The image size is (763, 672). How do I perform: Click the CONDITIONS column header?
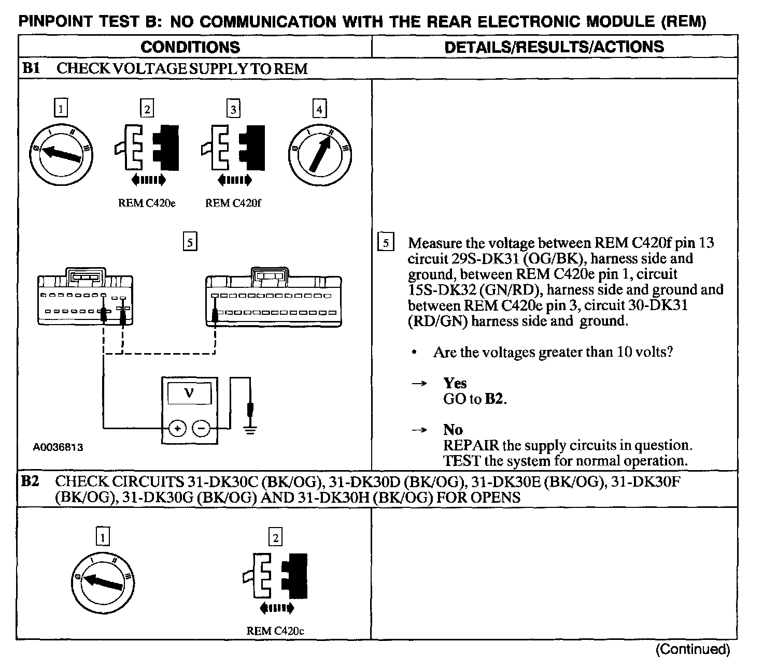pos(190,47)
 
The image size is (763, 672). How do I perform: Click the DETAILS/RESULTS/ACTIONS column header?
pos(554,47)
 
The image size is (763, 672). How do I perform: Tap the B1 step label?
pos(31,68)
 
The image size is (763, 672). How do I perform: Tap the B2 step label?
pos(30,482)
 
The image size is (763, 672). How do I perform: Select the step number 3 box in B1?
pos(233,109)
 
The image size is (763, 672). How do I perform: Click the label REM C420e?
pos(147,203)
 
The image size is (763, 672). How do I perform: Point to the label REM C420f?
pos(233,203)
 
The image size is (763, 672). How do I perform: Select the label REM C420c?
pos(275,631)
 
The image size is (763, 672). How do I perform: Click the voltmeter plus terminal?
pos(178,428)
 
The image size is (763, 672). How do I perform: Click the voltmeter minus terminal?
pos(202,428)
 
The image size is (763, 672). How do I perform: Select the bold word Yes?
pos(455,383)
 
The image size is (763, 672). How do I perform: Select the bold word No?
pos(453,430)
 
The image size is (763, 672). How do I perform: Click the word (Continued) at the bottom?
pos(693,650)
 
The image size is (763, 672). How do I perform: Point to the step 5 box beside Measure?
pos(386,243)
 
